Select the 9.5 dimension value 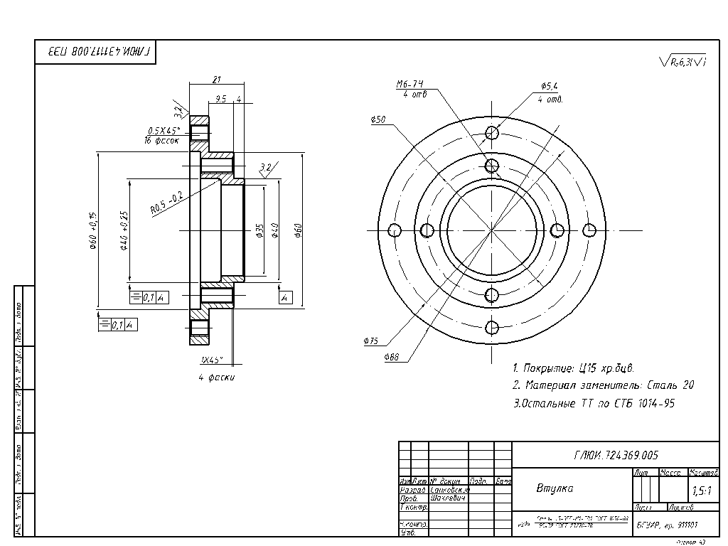[x=220, y=100]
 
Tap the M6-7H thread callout [x=409, y=85]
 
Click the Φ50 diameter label [x=378, y=120]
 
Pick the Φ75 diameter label [x=370, y=342]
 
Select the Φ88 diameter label [x=391, y=357]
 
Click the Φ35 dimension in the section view [x=259, y=230]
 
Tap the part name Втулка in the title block [x=555, y=488]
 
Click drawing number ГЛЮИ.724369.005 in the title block [x=611, y=456]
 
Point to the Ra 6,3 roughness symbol [x=683, y=62]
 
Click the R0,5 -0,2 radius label [x=166, y=203]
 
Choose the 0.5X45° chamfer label [x=164, y=131]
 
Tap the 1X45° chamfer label [x=212, y=360]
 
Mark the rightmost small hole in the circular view [x=589, y=230]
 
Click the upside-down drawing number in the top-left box [x=96, y=52]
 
